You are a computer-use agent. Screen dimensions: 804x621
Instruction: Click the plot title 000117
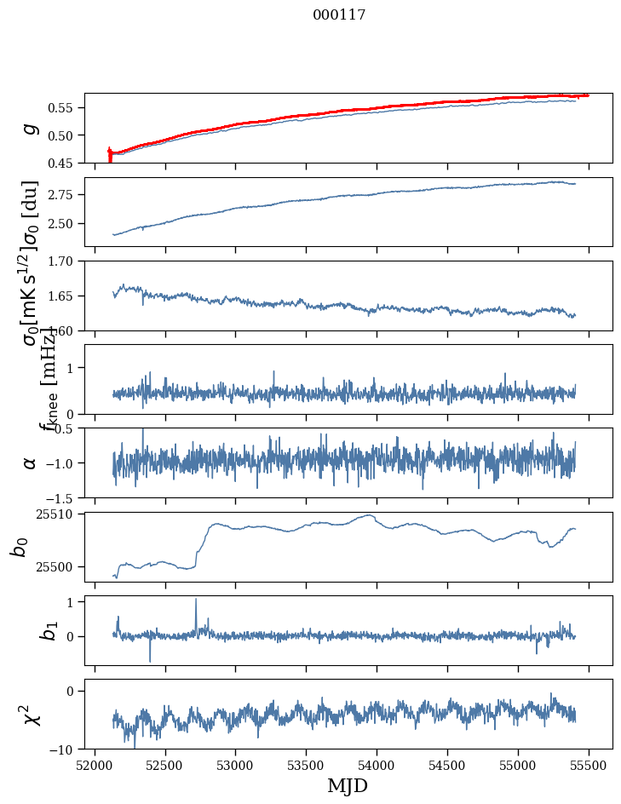click(x=339, y=15)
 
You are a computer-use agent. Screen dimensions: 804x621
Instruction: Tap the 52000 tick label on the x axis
click(x=95, y=766)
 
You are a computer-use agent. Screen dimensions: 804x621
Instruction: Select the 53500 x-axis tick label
click(x=307, y=766)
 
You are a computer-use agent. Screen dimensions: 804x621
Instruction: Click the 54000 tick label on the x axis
click(x=377, y=766)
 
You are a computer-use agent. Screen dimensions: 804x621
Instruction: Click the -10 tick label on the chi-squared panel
click(x=65, y=749)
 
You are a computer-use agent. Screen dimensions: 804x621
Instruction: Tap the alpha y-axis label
click(x=30, y=462)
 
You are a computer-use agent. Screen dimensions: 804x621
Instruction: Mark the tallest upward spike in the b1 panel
click(x=196, y=600)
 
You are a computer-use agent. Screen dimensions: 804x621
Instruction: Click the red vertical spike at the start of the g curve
click(x=110, y=154)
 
